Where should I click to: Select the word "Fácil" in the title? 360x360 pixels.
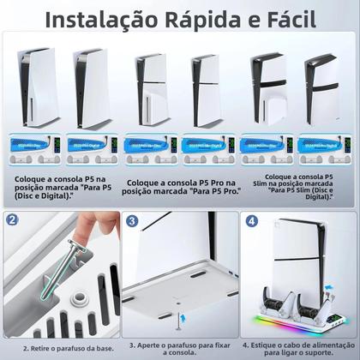[x=315, y=18]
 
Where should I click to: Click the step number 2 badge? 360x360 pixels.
[x=11, y=219]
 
